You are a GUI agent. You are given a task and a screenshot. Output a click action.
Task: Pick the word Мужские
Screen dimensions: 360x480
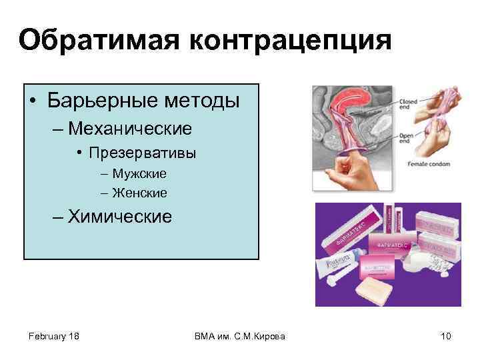point(139,173)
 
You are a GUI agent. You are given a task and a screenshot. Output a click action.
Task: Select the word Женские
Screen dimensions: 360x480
point(140,193)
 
